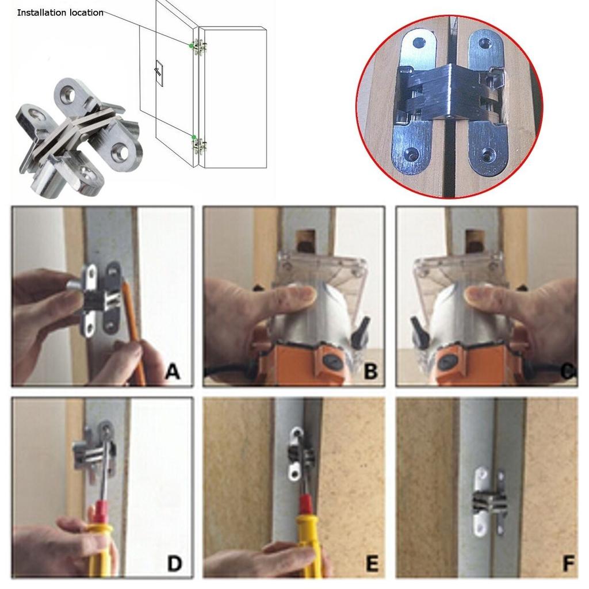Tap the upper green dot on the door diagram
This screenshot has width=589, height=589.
coord(192,45)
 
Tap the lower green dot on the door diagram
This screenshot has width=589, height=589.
coord(194,137)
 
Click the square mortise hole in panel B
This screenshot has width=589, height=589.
coord(305,238)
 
